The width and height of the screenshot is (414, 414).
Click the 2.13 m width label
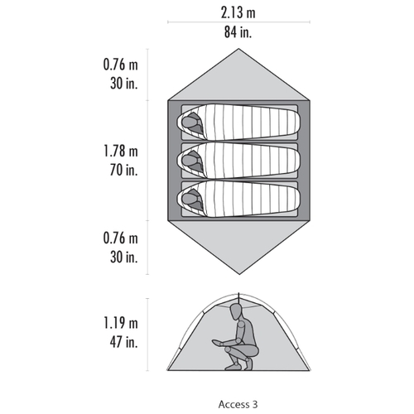coord(238,13)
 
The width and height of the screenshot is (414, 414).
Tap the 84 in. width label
coord(238,31)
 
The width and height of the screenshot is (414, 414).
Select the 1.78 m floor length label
coord(121,152)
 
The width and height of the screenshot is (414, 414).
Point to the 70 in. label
coord(123,170)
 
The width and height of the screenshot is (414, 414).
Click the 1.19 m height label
coord(121,323)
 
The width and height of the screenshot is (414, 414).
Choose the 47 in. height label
coord(123,342)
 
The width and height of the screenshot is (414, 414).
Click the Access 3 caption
coord(238,404)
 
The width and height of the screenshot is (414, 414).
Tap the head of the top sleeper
coord(189,122)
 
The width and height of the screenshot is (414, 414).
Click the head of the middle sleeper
coord(189,160)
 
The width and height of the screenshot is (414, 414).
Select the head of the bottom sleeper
coord(189,199)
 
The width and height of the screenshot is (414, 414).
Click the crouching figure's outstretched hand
coord(217,343)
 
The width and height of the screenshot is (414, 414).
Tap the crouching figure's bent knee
coord(228,349)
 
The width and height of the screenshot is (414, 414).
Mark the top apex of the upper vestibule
coord(238,49)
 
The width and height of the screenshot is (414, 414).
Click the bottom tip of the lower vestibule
coord(239,274)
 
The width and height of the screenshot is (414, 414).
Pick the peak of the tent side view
coord(238,294)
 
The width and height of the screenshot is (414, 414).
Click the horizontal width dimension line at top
coord(238,22)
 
